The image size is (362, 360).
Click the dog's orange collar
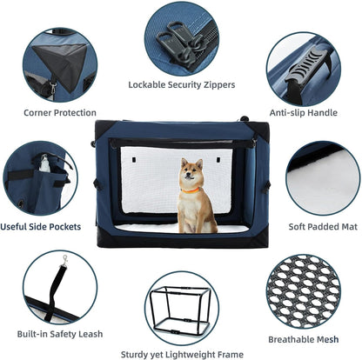[191, 189]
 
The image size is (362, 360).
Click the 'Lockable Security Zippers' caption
[181, 85]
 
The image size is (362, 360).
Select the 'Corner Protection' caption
[60, 112]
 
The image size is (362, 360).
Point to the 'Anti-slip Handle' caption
[303, 112]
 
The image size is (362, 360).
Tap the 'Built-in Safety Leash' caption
[59, 334]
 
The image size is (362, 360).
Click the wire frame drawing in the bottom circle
[180, 309]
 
